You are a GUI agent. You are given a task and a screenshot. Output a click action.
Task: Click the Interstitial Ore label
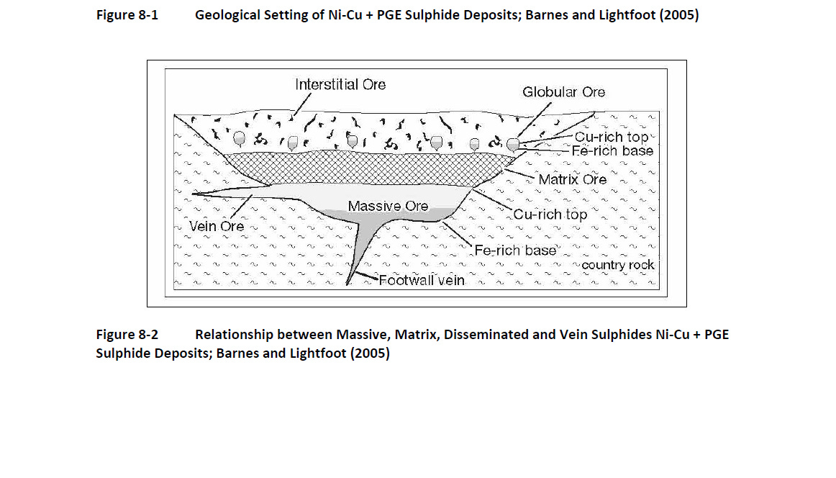[x=340, y=85]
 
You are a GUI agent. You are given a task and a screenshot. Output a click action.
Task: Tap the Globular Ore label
[x=564, y=92]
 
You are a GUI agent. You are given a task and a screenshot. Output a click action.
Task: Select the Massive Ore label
[x=388, y=207]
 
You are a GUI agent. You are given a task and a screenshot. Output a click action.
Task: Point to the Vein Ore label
[x=217, y=226]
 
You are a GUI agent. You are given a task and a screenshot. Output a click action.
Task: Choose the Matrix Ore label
[x=573, y=179]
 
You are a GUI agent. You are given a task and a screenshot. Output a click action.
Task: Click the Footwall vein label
[x=422, y=281]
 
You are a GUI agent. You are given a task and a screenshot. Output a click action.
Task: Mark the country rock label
[x=618, y=265]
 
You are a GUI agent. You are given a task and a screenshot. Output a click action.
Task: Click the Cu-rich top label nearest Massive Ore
[x=550, y=215]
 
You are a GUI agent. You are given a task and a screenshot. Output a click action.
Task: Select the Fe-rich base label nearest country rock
[x=515, y=251]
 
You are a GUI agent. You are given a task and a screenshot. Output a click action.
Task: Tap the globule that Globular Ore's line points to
[x=513, y=145]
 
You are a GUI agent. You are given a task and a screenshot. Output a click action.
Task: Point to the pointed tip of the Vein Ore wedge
[x=194, y=194]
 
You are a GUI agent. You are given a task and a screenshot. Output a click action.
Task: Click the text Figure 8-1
[x=127, y=14]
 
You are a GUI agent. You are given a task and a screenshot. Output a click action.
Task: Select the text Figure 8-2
[x=127, y=335]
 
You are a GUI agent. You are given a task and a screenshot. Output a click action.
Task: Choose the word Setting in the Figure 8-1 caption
[x=291, y=14]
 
